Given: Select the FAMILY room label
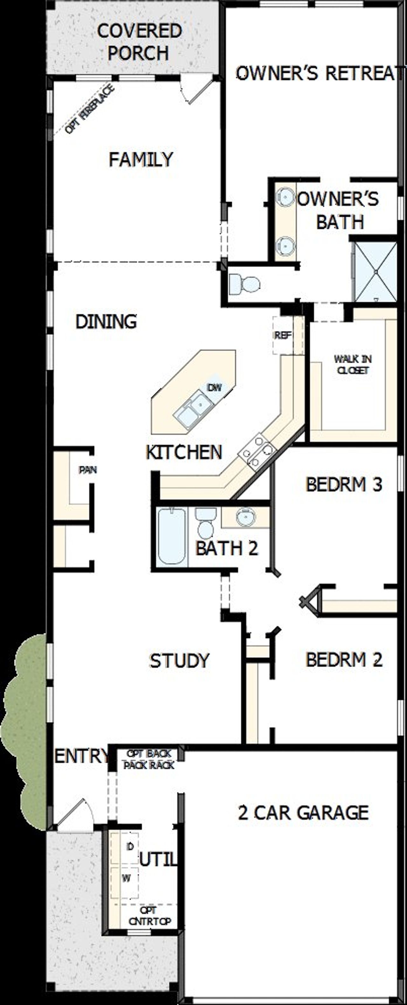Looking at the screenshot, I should tap(141, 160).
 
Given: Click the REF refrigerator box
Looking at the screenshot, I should tap(283, 335).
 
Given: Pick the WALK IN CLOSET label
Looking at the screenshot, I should tap(352, 364).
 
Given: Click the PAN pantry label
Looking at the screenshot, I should tap(88, 470).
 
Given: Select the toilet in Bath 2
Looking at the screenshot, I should tap(205, 522).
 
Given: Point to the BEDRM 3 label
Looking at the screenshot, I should tap(344, 485).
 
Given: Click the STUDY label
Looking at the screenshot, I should tap(179, 660).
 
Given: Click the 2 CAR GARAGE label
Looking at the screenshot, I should tap(303, 813).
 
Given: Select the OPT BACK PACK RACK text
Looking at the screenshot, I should tap(149, 759).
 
